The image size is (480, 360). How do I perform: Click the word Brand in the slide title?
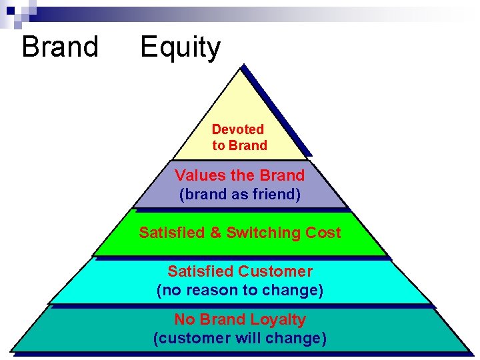60,47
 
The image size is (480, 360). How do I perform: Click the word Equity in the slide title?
180,48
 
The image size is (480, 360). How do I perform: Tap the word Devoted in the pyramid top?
238,129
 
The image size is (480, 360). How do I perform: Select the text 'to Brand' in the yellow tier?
239,145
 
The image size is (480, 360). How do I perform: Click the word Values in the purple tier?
195,176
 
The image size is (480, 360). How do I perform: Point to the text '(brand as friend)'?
239,195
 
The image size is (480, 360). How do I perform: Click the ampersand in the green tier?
216,233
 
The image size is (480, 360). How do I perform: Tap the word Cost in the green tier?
323,233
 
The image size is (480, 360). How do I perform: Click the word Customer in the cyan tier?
275,272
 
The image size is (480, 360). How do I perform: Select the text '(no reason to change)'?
239,291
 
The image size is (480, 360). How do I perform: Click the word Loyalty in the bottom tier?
277,320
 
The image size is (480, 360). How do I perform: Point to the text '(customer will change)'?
239,339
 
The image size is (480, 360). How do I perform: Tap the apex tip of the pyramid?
242,66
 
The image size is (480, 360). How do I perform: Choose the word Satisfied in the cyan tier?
200,272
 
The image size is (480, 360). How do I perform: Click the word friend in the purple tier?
275,195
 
